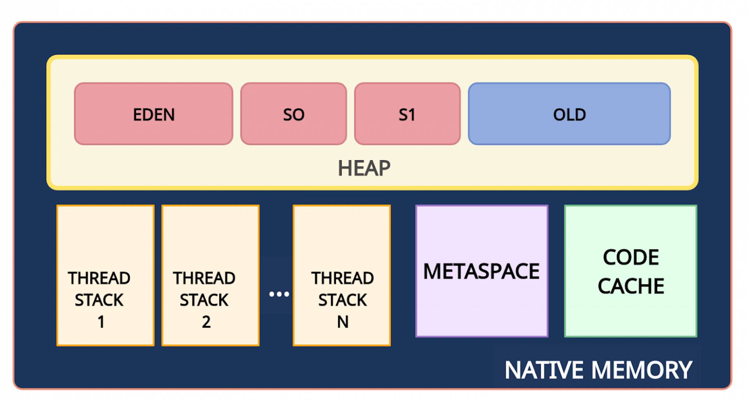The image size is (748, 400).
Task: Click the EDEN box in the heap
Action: point(153,114)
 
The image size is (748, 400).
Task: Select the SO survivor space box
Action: point(293,114)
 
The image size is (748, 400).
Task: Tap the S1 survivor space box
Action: point(407,114)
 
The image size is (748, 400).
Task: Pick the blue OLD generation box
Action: point(569,114)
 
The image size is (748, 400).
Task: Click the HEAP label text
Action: point(364,168)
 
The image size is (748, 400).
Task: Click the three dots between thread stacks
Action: point(279,294)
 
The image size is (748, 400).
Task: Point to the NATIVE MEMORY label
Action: point(598,370)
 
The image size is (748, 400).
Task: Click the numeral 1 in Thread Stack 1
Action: point(101,322)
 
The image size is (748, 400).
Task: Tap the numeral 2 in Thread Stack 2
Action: point(206,322)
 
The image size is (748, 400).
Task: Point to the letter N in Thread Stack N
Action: point(342,322)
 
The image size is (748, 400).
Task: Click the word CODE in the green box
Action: point(631,257)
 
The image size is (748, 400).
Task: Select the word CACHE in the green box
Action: point(631,286)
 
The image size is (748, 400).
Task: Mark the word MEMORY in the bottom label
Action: point(642,370)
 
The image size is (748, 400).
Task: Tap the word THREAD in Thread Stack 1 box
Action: point(99,278)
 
